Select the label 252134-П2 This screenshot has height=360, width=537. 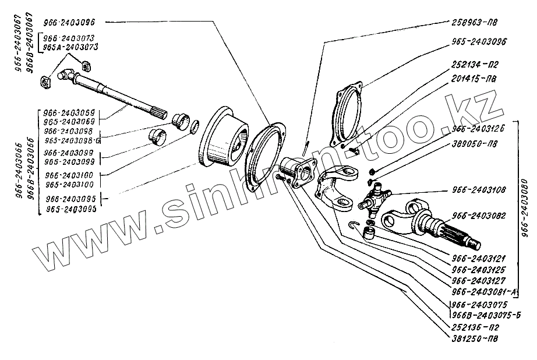(474, 64)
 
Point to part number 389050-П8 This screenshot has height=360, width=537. (474, 142)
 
